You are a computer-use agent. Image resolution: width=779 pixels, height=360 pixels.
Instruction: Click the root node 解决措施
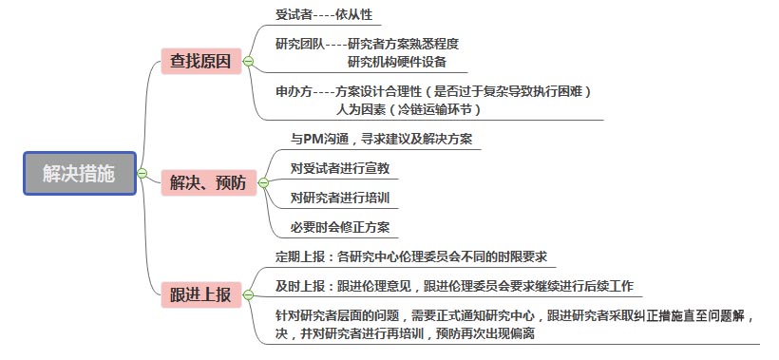point(80,173)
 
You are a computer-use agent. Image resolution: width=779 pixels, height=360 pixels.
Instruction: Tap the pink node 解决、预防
point(207,182)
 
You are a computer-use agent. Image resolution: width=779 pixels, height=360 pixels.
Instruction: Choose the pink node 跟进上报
point(199,294)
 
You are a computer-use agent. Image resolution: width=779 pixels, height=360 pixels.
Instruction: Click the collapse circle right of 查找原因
point(248,62)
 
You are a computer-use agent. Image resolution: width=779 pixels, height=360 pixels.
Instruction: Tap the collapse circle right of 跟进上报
point(248,294)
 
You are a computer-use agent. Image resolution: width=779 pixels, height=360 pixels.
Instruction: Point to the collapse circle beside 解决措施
point(142,173)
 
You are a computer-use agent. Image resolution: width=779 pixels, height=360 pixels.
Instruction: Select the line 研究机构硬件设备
point(396,62)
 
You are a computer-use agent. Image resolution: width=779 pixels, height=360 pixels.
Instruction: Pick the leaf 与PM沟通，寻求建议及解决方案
point(381,139)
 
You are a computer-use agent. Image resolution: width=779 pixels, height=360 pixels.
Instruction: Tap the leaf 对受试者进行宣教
point(339,168)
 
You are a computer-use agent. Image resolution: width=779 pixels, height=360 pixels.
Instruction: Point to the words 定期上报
point(297,256)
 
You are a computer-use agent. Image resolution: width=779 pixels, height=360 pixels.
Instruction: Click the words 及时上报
point(297,285)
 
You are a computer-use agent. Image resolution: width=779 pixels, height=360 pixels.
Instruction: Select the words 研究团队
point(298,44)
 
